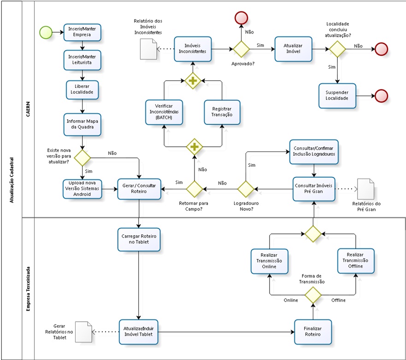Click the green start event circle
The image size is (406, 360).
coord(45,32)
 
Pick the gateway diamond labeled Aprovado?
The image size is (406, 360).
coord(241,48)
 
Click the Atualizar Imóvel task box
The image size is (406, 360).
coord(293,48)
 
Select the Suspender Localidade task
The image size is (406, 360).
coord(337,96)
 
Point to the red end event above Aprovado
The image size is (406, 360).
coord(241,17)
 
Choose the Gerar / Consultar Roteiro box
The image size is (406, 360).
coord(139,188)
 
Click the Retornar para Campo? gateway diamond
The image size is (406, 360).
coord(194,188)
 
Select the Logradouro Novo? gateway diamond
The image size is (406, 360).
coord(245,188)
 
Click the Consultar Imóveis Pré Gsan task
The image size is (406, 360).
coord(314,188)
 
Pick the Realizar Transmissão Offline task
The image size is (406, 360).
coord(355,261)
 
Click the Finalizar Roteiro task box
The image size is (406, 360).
coord(313,331)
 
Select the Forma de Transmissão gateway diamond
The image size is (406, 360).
coord(313,294)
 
